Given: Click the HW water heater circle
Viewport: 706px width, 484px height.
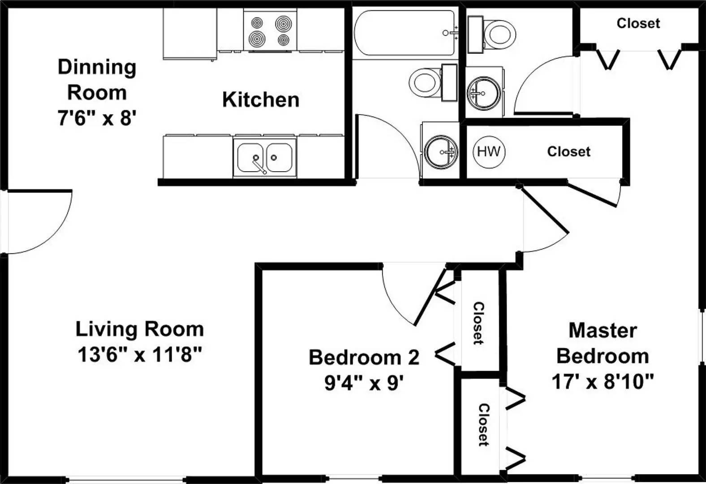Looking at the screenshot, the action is click(x=489, y=152).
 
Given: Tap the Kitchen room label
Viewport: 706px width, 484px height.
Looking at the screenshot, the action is click(x=261, y=99).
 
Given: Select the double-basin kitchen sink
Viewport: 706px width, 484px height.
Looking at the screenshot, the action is click(x=264, y=157).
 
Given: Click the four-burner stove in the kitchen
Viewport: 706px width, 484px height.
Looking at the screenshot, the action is click(x=270, y=30).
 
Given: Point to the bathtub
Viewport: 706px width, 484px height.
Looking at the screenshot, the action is click(x=405, y=33).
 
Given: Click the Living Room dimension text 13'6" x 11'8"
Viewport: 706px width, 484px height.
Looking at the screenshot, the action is click(x=140, y=355).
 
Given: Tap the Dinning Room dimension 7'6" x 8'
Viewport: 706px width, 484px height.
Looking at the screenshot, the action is click(x=97, y=118).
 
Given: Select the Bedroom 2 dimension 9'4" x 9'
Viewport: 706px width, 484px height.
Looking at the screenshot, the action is click(x=364, y=383).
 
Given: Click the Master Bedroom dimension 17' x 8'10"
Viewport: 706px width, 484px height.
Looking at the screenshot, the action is click(x=603, y=381).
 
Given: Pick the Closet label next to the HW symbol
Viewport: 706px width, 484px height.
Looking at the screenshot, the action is click(x=568, y=151).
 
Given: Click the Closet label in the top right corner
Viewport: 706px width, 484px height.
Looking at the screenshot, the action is click(x=638, y=23).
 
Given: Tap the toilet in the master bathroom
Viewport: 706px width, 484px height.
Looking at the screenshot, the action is click(x=492, y=34).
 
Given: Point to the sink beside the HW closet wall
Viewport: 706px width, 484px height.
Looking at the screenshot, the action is click(x=441, y=152).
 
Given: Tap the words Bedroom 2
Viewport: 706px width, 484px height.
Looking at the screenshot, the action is click(x=364, y=358).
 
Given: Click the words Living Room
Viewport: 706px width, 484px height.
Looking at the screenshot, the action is click(x=140, y=329).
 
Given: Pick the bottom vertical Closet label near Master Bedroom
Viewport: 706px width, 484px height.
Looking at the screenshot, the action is click(x=484, y=425).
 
